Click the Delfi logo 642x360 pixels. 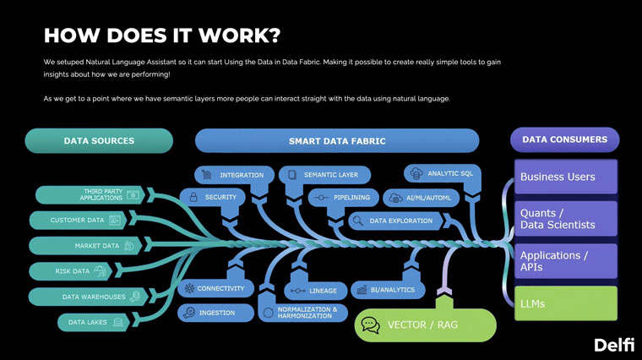[x=614, y=345]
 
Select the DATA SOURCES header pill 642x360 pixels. [x=99, y=140]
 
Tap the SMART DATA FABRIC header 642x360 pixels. [x=337, y=141]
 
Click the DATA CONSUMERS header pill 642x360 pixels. [x=564, y=139]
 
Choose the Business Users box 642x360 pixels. [x=565, y=177]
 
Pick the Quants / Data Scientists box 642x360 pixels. [x=565, y=219]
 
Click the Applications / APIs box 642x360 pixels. [x=565, y=261]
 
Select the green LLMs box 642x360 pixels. [x=565, y=303]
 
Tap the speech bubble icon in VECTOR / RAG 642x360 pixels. [x=371, y=325]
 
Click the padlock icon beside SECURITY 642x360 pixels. [x=193, y=197]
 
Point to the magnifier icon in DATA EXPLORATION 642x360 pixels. [x=358, y=221]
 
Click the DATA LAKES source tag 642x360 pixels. [x=94, y=322]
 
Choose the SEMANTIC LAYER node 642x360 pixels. [x=324, y=175]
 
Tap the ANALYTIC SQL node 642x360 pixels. [x=443, y=173]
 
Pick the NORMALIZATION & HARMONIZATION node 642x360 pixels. [x=303, y=313]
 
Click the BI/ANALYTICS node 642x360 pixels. [x=388, y=290]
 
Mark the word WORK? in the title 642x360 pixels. [x=240, y=35]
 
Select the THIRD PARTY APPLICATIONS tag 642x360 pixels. [x=90, y=194]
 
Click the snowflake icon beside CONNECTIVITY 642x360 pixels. [x=189, y=288]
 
